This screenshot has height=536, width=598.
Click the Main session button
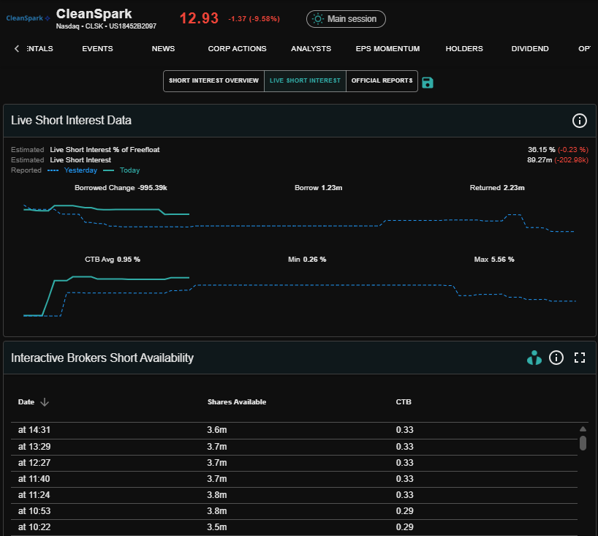[346, 19]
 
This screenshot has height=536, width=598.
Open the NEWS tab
[163, 49]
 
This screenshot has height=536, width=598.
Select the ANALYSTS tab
[311, 49]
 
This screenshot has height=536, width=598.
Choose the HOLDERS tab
[464, 49]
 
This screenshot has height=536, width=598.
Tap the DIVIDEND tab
[530, 49]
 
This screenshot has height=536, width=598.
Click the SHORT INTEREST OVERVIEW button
[214, 81]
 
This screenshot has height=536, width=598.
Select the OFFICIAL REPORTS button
[382, 81]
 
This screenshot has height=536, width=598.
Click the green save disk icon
[428, 83]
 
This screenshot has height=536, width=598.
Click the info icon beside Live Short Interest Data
[579, 121]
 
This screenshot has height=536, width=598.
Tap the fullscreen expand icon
[580, 358]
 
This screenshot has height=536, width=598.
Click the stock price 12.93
[199, 18]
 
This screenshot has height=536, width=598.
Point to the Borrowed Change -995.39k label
[121, 188]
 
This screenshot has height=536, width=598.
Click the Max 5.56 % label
[494, 260]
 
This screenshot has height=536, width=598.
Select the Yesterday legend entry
[80, 170]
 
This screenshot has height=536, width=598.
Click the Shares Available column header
[237, 402]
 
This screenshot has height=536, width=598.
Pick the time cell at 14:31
[34, 430]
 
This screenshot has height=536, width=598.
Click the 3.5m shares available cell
[216, 527]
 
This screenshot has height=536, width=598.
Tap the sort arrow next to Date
[45, 402]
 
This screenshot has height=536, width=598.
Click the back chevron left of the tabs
[17, 48]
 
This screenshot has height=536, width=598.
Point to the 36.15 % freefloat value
[541, 150]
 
